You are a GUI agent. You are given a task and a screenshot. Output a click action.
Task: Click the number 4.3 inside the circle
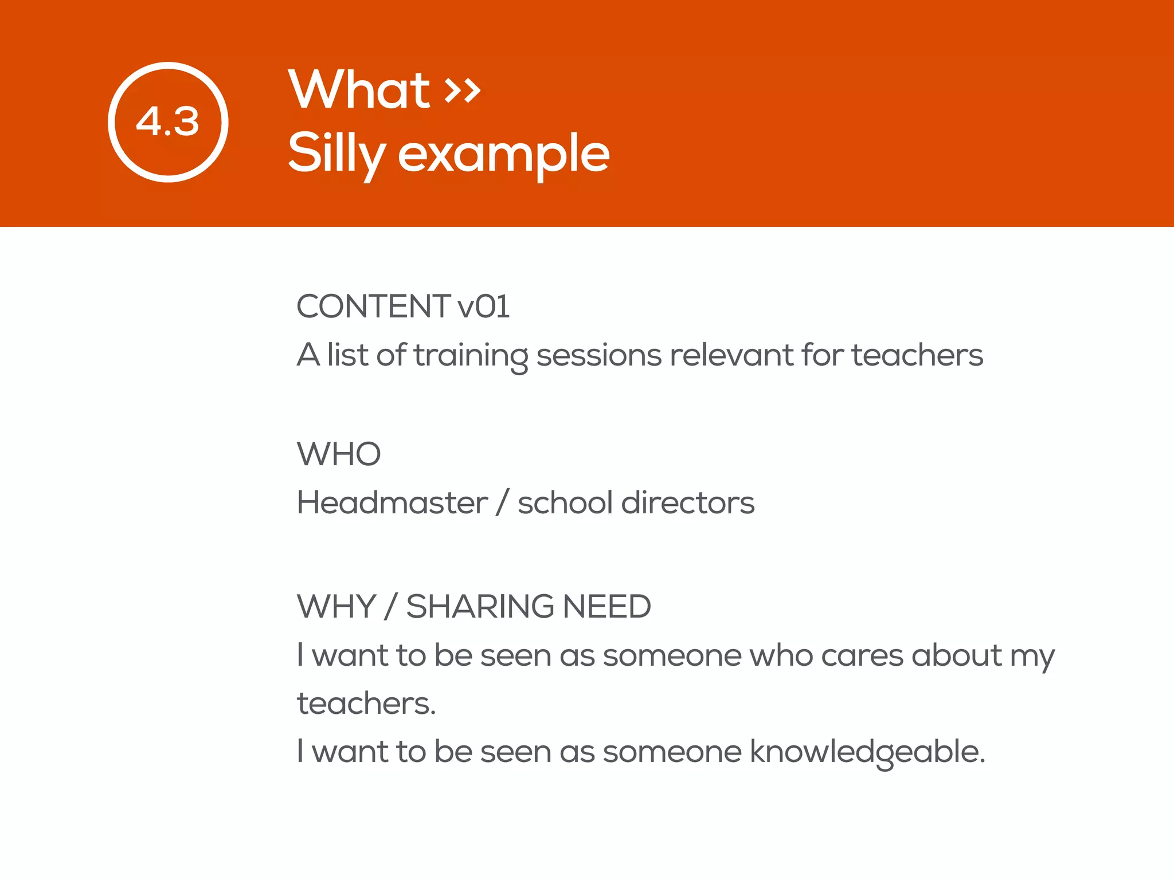(x=167, y=122)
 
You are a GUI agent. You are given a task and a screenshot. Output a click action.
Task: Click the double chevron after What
(x=463, y=90)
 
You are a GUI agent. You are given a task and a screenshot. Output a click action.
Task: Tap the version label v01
(x=483, y=307)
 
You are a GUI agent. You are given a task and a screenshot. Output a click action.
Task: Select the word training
(x=470, y=355)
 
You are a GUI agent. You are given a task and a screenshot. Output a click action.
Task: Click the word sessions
(x=598, y=355)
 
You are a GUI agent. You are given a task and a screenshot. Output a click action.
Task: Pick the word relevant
(x=731, y=355)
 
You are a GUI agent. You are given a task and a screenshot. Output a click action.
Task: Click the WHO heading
(x=339, y=454)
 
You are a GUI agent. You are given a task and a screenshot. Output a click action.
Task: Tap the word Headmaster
(x=392, y=503)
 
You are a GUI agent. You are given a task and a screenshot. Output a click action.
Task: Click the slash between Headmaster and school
(x=503, y=503)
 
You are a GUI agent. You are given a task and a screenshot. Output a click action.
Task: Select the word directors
(x=688, y=503)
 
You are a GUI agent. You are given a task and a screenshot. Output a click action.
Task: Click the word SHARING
(x=480, y=607)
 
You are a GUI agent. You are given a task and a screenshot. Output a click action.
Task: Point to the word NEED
(x=607, y=607)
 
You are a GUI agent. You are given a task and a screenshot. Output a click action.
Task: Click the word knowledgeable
(x=867, y=752)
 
